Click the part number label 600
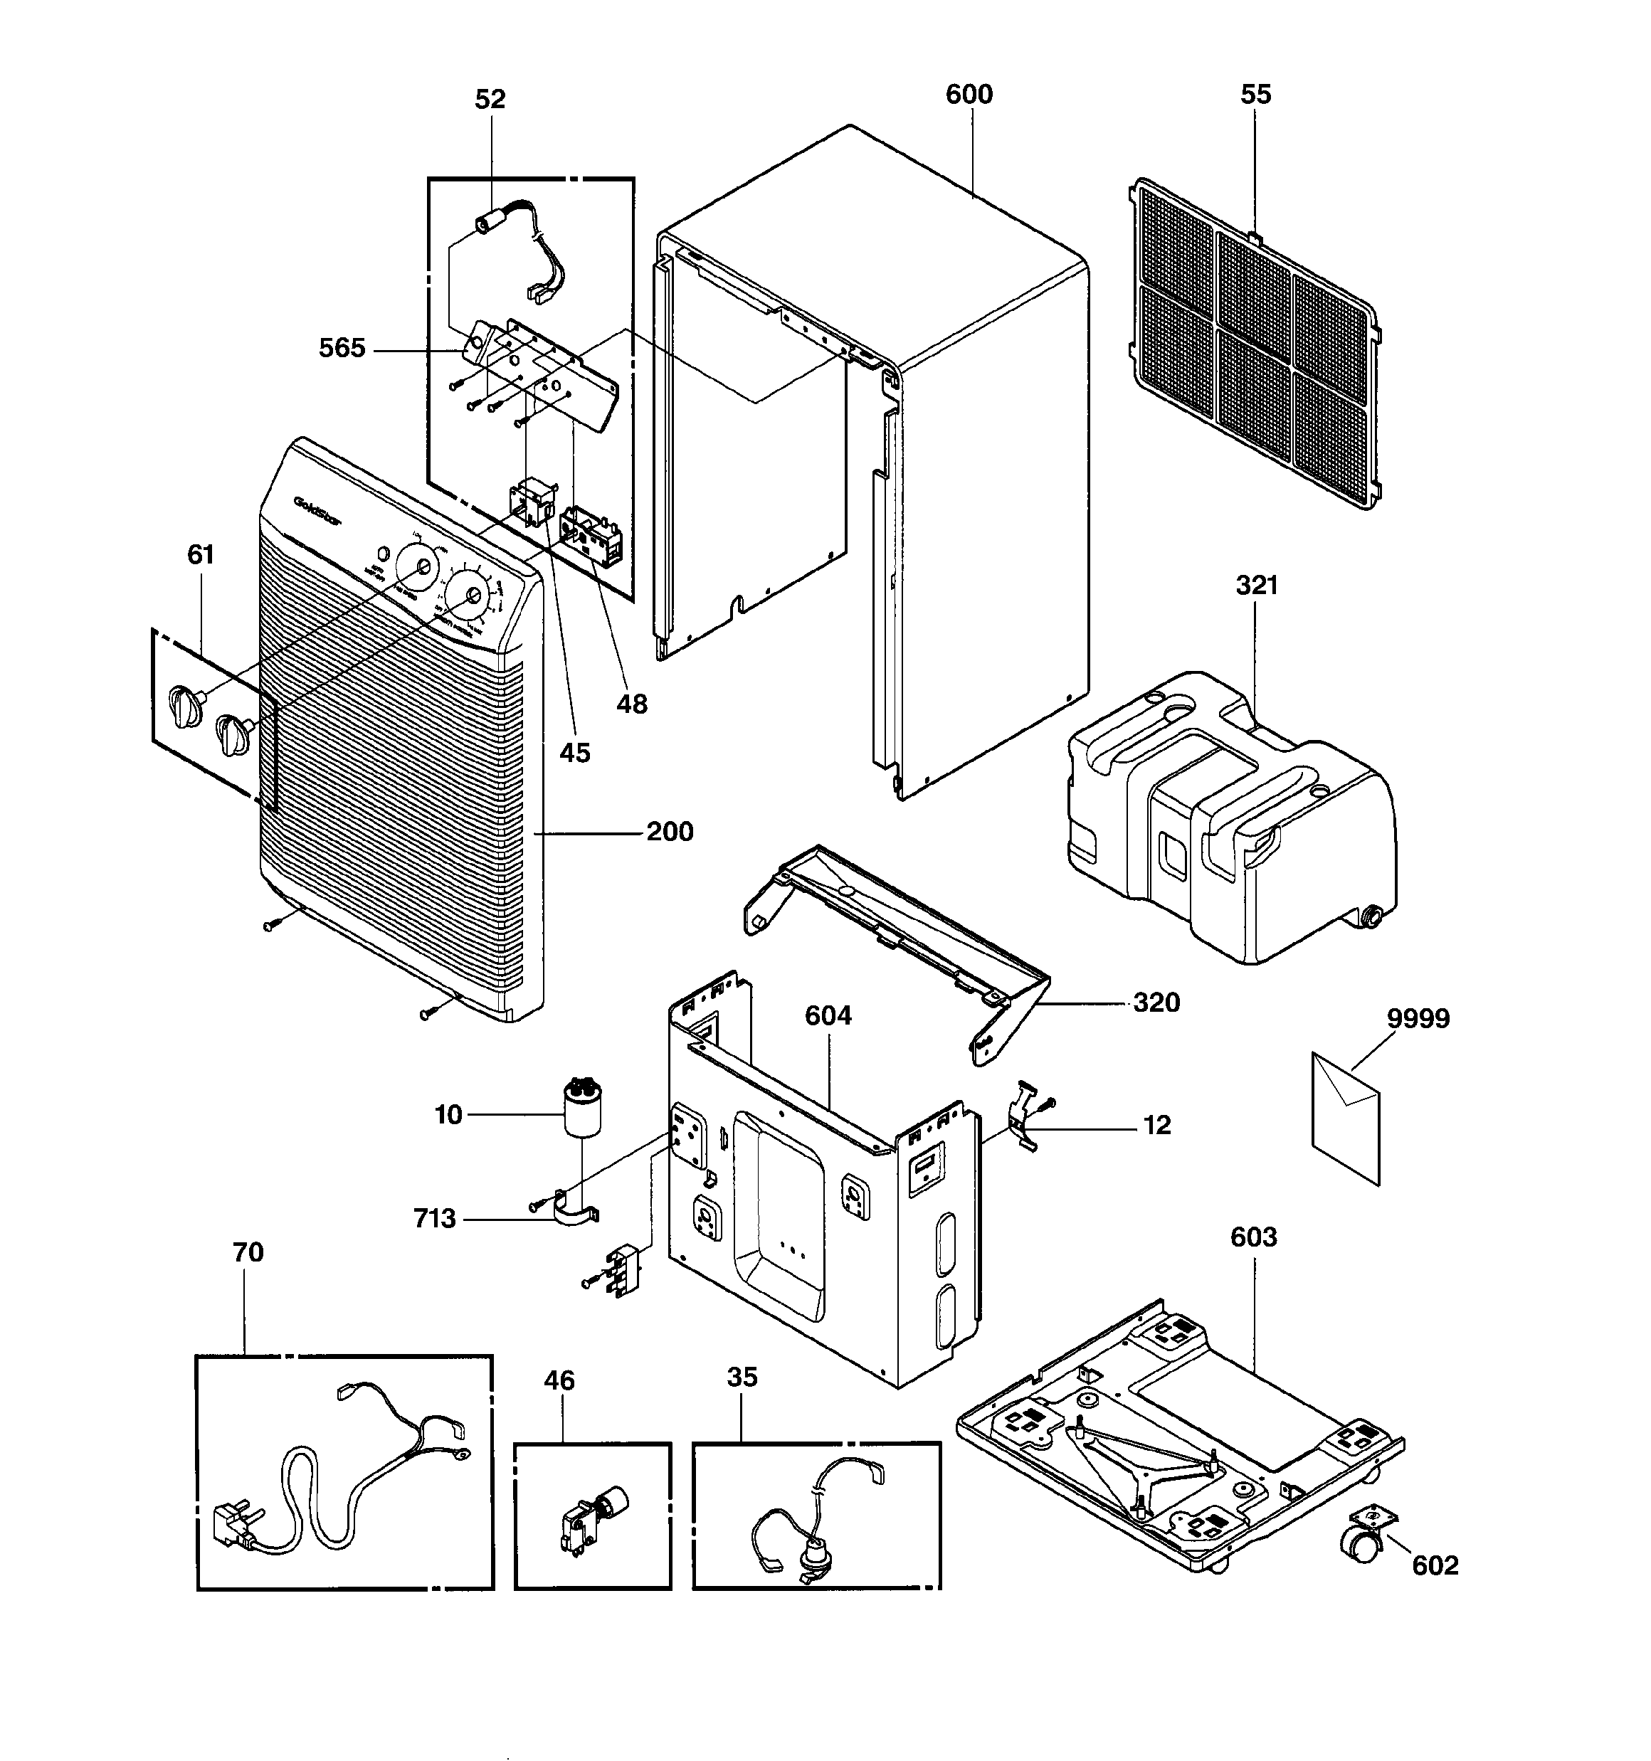pos(969,94)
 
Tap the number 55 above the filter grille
pos(1255,94)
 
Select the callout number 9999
pos(1418,1019)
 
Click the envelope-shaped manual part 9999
pos(1345,1119)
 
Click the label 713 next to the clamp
pos(434,1219)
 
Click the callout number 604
pos(828,1015)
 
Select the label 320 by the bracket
pos(1156,1003)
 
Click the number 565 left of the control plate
pos(342,348)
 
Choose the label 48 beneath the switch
pos(631,704)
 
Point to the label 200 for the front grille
pos(669,832)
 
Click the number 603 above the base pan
pos(1253,1237)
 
